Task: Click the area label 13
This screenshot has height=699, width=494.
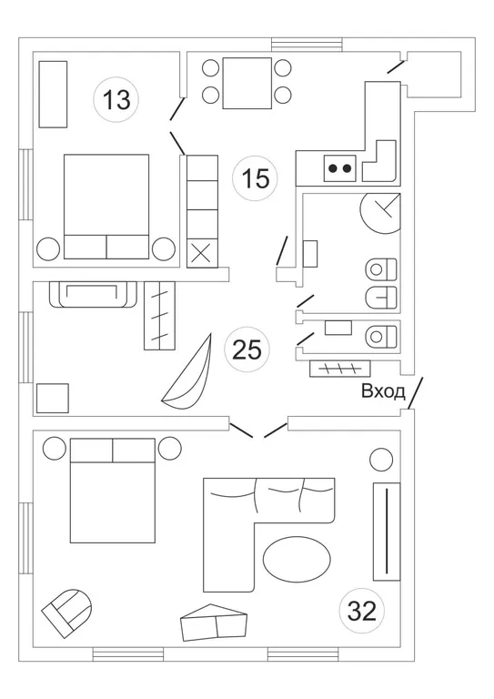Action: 116,99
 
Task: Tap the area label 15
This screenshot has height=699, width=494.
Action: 256,178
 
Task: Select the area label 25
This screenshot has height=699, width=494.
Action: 247,349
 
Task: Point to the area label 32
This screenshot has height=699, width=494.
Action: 362,612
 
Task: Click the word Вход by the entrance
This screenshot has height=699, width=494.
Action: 383,391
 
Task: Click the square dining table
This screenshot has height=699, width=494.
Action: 247,83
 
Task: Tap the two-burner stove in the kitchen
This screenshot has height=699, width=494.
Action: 340,168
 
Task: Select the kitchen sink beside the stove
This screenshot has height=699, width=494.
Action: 378,161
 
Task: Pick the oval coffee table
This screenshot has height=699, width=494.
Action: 297,560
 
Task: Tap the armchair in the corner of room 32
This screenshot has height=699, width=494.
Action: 67,612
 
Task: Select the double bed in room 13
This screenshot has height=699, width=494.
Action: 106,207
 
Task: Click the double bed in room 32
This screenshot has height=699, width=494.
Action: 113,491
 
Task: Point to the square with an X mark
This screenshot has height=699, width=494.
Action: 202,253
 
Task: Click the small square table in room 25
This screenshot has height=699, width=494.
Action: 53,398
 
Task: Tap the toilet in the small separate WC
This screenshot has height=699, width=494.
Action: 381,336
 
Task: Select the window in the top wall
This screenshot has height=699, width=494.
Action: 307,45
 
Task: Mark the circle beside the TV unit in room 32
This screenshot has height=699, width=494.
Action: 381,459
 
